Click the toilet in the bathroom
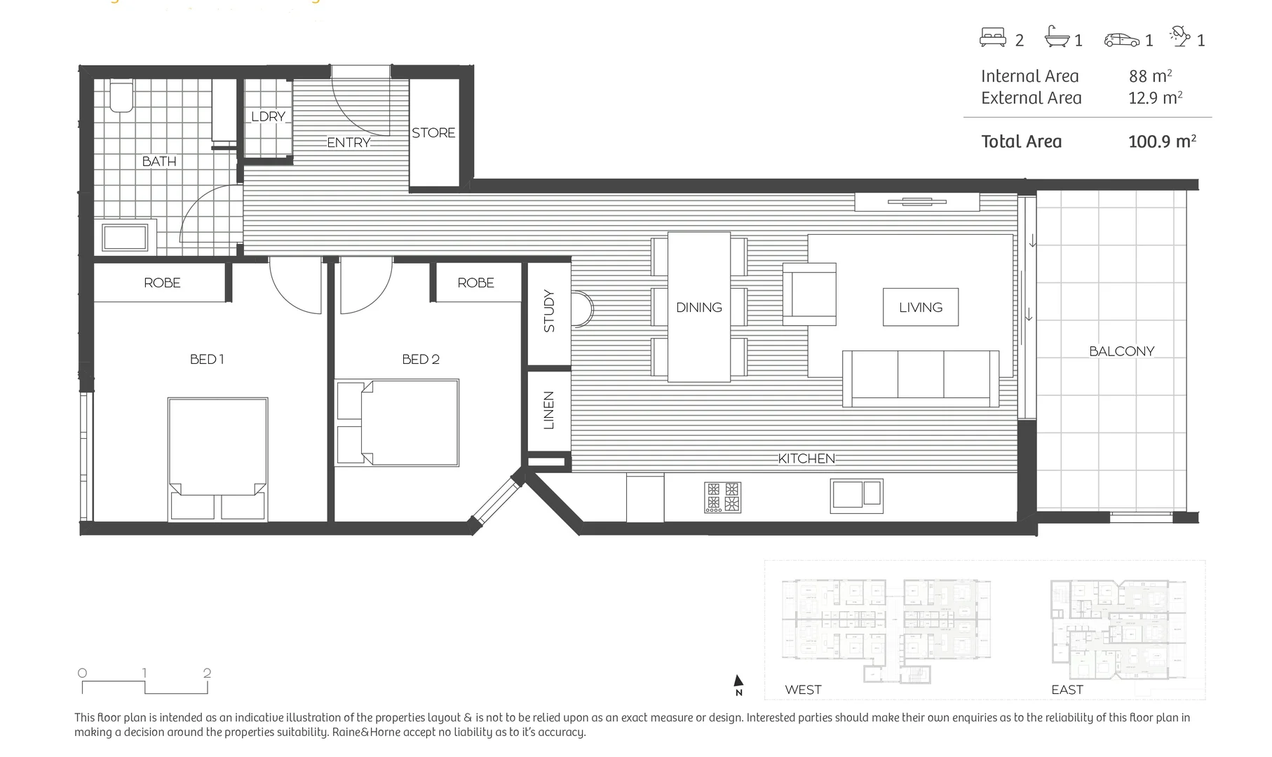coord(121,97)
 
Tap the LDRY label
coord(269,116)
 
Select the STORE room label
coord(433,132)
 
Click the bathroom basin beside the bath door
coord(125,237)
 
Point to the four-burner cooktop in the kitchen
coord(722,497)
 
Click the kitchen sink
coord(856,495)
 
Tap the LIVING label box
coord(920,307)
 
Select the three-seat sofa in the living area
coord(920,378)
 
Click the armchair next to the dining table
coord(810,294)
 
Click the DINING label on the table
coord(698,307)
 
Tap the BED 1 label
coord(207,359)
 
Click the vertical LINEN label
coord(549,410)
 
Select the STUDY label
coord(549,311)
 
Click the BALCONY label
coord(1121,351)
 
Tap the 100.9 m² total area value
coord(1161,142)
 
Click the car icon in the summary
coord(1121,40)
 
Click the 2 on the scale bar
coord(207,673)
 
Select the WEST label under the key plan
coord(803,690)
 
